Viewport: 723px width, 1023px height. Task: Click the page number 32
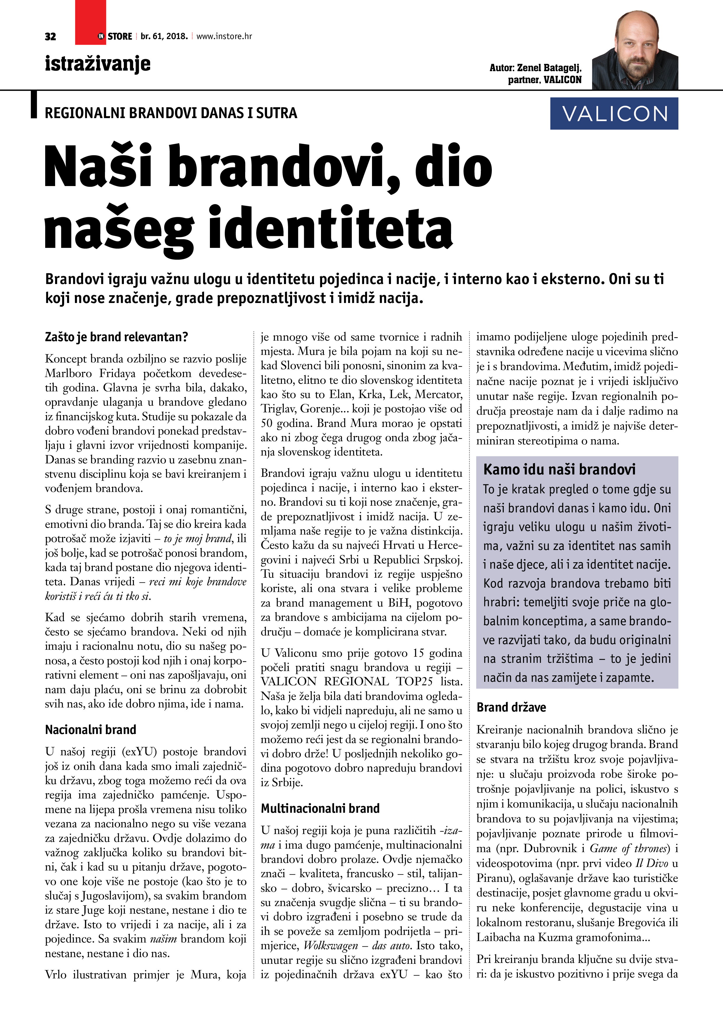click(50, 36)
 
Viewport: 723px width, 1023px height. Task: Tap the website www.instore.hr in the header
click(224, 36)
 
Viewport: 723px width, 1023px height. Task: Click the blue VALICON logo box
click(614, 114)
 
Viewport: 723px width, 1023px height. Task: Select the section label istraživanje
click(98, 64)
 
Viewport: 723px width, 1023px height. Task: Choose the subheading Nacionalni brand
click(90, 730)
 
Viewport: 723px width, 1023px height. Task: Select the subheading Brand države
click(511, 707)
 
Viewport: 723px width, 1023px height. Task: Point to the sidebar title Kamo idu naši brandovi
click(559, 470)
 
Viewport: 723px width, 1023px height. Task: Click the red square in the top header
click(90, 22)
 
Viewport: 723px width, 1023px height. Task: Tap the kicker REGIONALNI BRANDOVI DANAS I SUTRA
click(171, 113)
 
